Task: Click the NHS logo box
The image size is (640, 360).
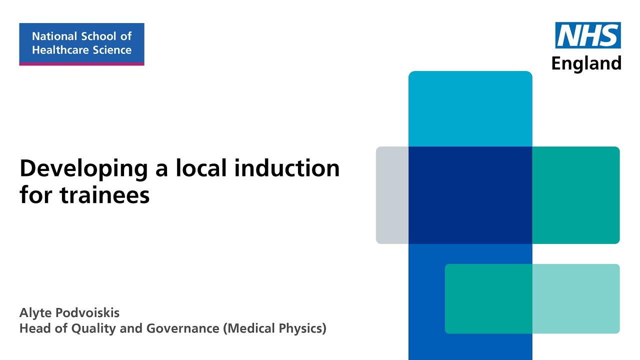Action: [x=588, y=35]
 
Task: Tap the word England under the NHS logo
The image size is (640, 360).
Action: [x=586, y=63]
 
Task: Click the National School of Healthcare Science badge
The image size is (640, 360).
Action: [x=81, y=43]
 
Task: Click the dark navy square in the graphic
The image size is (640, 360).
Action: [x=470, y=195]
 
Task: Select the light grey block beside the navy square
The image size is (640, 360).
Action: [x=392, y=195]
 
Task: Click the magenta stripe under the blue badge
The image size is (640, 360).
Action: [x=81, y=63]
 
